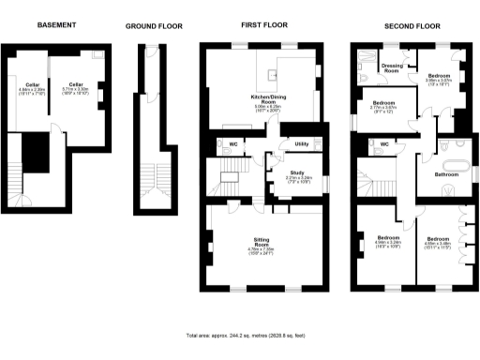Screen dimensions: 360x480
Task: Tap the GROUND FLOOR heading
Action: tap(154, 26)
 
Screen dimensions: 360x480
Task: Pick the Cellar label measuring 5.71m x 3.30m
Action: tap(75, 84)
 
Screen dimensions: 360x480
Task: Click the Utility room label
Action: tap(302, 143)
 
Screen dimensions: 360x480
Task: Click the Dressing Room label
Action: tap(392, 67)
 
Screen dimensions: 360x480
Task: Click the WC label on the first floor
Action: tap(232, 143)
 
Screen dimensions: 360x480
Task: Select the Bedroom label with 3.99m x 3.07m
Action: tap(440, 77)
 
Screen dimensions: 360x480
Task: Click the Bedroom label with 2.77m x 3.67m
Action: tap(383, 104)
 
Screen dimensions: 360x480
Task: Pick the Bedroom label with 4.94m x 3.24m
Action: tap(386, 239)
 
